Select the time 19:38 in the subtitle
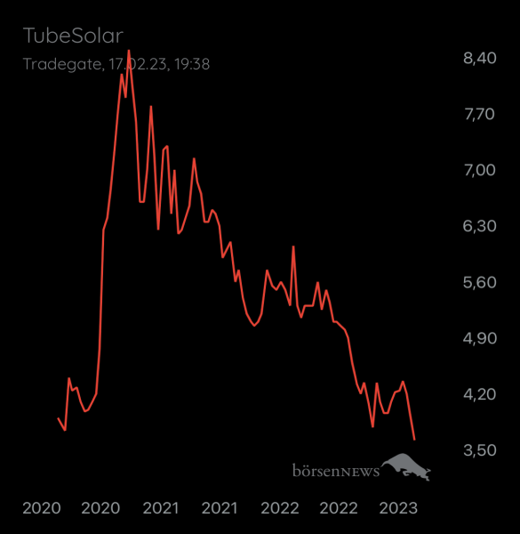(x=191, y=64)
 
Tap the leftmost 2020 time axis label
(x=41, y=508)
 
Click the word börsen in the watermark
(x=320, y=470)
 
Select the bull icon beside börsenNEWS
(x=407, y=466)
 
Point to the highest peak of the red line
(x=129, y=51)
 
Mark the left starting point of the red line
(x=58, y=418)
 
